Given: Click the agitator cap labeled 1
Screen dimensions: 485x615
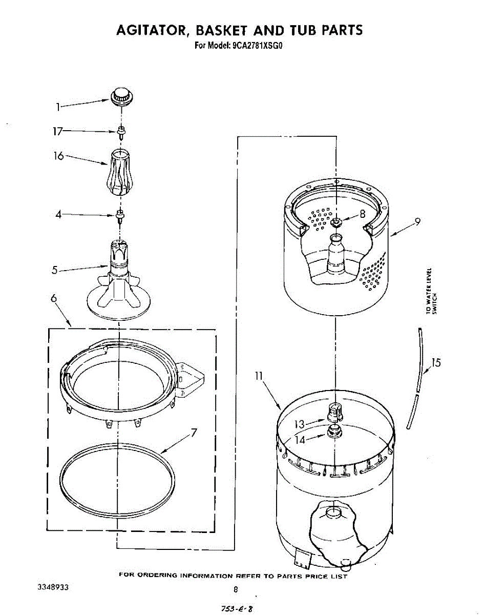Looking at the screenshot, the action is (x=121, y=95).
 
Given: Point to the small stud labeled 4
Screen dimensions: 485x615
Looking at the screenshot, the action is (x=120, y=215).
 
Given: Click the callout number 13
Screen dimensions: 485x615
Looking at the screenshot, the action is (x=300, y=424).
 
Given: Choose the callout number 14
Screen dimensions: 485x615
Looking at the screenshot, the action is (x=300, y=440).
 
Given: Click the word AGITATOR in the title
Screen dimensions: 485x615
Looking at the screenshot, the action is (x=150, y=30).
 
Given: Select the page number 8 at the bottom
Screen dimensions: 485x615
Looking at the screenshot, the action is (x=236, y=589).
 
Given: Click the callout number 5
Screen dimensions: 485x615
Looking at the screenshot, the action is (x=54, y=270).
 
